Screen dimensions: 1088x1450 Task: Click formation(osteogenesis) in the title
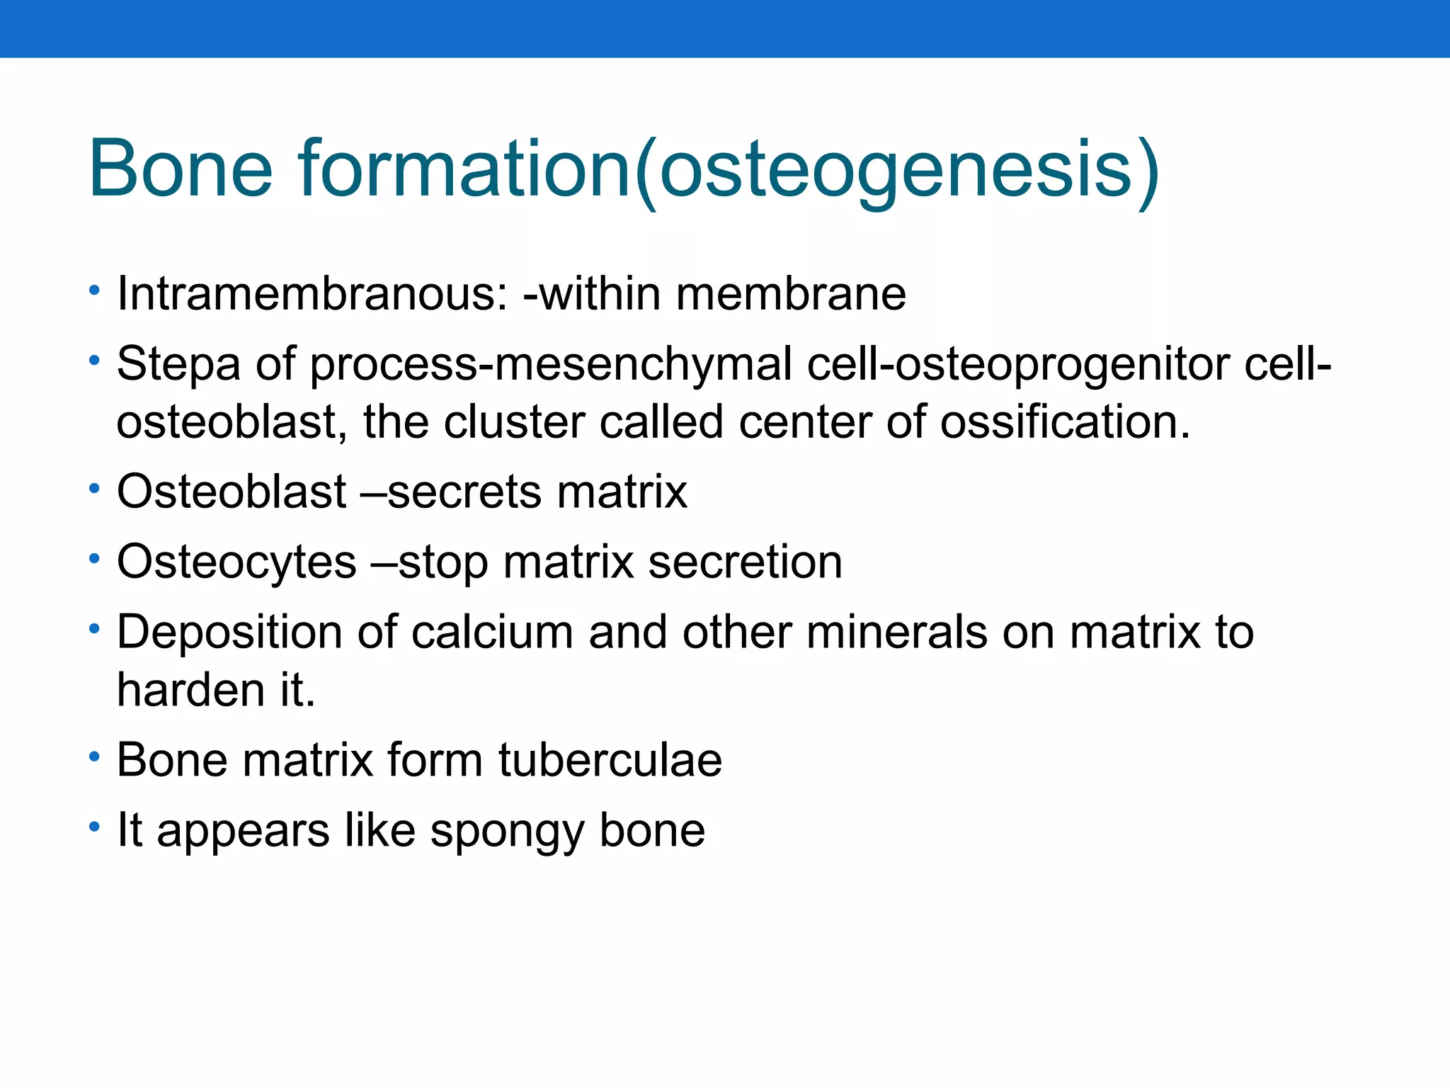(x=729, y=170)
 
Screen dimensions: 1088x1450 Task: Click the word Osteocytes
(x=236, y=562)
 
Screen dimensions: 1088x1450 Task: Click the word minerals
(x=896, y=632)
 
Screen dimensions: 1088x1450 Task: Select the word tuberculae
(x=610, y=760)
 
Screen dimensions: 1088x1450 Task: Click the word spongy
(x=507, y=832)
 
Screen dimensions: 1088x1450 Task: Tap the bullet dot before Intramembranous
(x=95, y=290)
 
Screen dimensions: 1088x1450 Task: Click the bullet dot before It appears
(x=95, y=827)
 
